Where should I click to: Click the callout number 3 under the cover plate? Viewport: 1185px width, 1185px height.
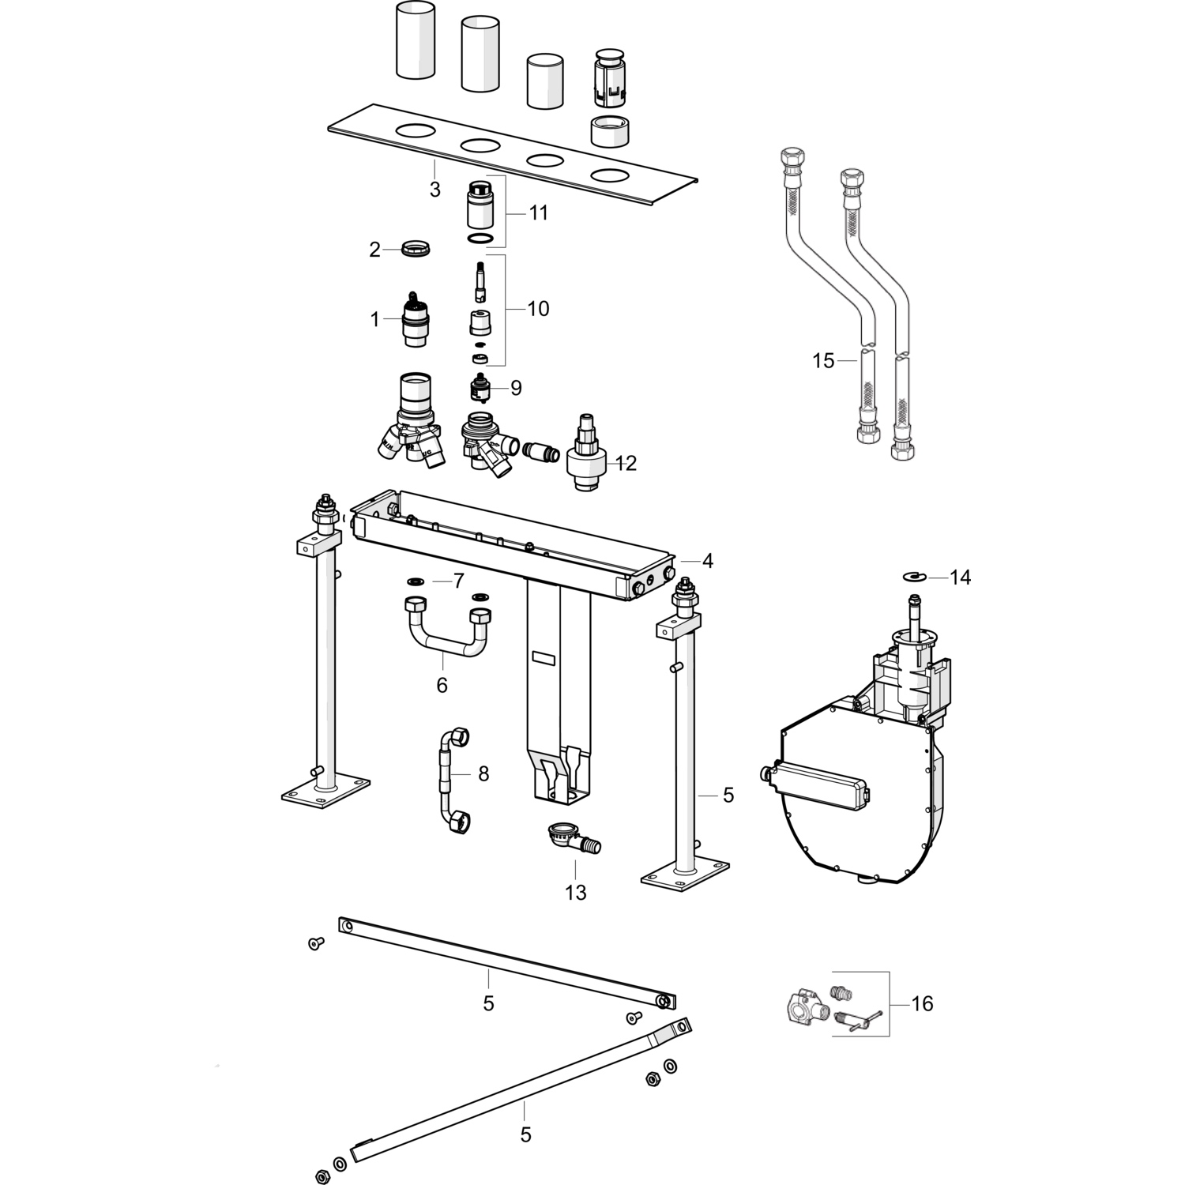point(434,190)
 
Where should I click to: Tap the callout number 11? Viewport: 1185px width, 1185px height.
point(538,213)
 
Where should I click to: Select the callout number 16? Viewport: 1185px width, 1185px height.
point(922,1003)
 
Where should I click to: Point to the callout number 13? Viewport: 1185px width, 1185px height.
point(576,893)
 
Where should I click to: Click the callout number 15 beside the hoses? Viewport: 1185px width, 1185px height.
point(823,361)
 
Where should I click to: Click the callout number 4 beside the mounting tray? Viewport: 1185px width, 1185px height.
point(707,561)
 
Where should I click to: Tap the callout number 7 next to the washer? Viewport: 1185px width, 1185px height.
point(457,581)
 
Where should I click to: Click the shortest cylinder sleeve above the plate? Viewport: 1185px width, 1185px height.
point(544,81)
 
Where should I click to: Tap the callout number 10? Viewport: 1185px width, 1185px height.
point(538,308)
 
